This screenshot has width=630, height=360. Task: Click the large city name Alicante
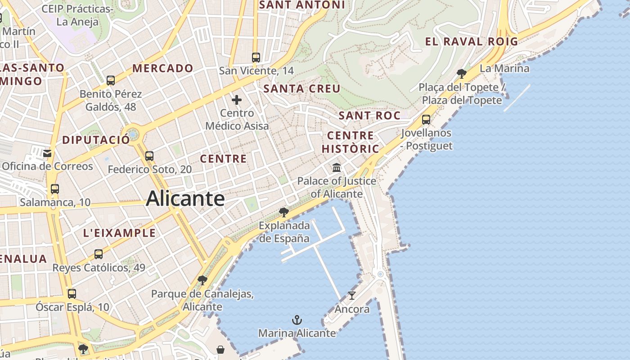coord(185,198)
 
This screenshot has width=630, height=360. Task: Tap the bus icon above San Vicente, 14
coord(256,57)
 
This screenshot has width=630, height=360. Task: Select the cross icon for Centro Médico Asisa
coord(237,100)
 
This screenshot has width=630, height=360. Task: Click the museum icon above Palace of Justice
coord(336,168)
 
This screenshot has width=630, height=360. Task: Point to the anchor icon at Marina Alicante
coord(297,320)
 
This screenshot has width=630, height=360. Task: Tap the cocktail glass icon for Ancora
coord(352,296)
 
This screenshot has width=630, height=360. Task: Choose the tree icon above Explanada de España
coord(283,212)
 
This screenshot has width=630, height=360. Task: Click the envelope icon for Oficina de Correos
coord(47,153)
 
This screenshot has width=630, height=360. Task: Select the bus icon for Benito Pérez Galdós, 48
coord(111,81)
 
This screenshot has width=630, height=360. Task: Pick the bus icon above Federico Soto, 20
coord(149,156)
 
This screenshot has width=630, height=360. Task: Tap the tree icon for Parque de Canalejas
coord(202,280)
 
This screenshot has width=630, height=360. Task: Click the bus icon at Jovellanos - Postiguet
coord(426,120)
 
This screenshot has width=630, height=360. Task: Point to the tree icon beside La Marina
coord(461,73)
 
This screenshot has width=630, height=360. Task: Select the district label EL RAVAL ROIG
coord(472,42)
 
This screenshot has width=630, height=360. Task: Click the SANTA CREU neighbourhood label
coord(302,89)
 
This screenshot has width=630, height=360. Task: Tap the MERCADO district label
coord(163,68)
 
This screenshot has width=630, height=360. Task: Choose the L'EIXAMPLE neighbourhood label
coord(120,233)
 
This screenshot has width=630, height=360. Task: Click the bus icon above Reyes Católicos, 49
coord(99,254)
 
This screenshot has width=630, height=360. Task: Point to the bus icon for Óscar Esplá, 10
coord(72,294)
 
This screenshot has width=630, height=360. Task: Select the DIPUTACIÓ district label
coord(96,140)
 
